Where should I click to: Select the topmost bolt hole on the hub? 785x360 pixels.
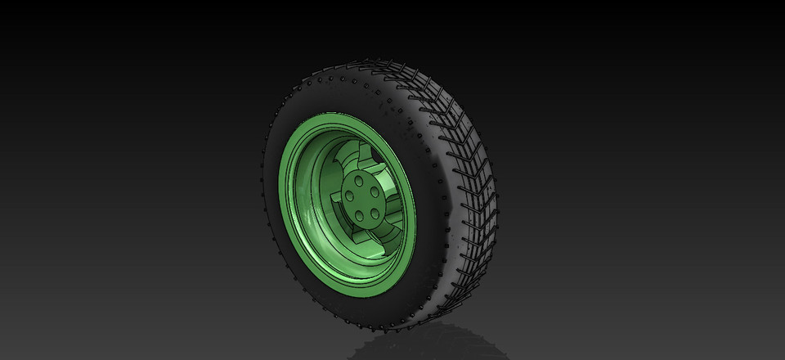point(361,178)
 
